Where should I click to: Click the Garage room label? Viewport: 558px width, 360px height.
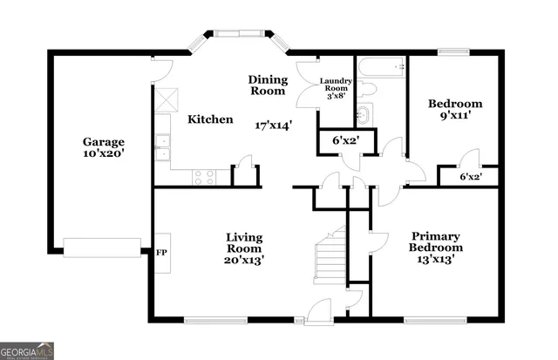click(104, 142)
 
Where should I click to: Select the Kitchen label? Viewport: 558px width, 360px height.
click(210, 119)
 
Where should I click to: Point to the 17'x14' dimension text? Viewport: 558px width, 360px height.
click(274, 125)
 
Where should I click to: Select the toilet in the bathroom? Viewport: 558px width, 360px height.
click(367, 88)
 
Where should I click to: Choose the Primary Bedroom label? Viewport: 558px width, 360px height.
click(436, 242)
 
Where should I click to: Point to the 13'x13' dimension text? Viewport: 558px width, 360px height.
click(436, 259)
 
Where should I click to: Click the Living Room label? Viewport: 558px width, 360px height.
click(244, 243)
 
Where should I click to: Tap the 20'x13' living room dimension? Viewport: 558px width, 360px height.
click(244, 259)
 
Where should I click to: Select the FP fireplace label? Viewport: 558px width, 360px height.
click(161, 253)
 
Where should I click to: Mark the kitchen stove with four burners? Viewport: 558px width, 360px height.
click(204, 176)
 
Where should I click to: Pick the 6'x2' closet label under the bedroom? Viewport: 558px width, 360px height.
click(471, 177)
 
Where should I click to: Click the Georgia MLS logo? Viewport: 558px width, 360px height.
click(28, 350)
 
